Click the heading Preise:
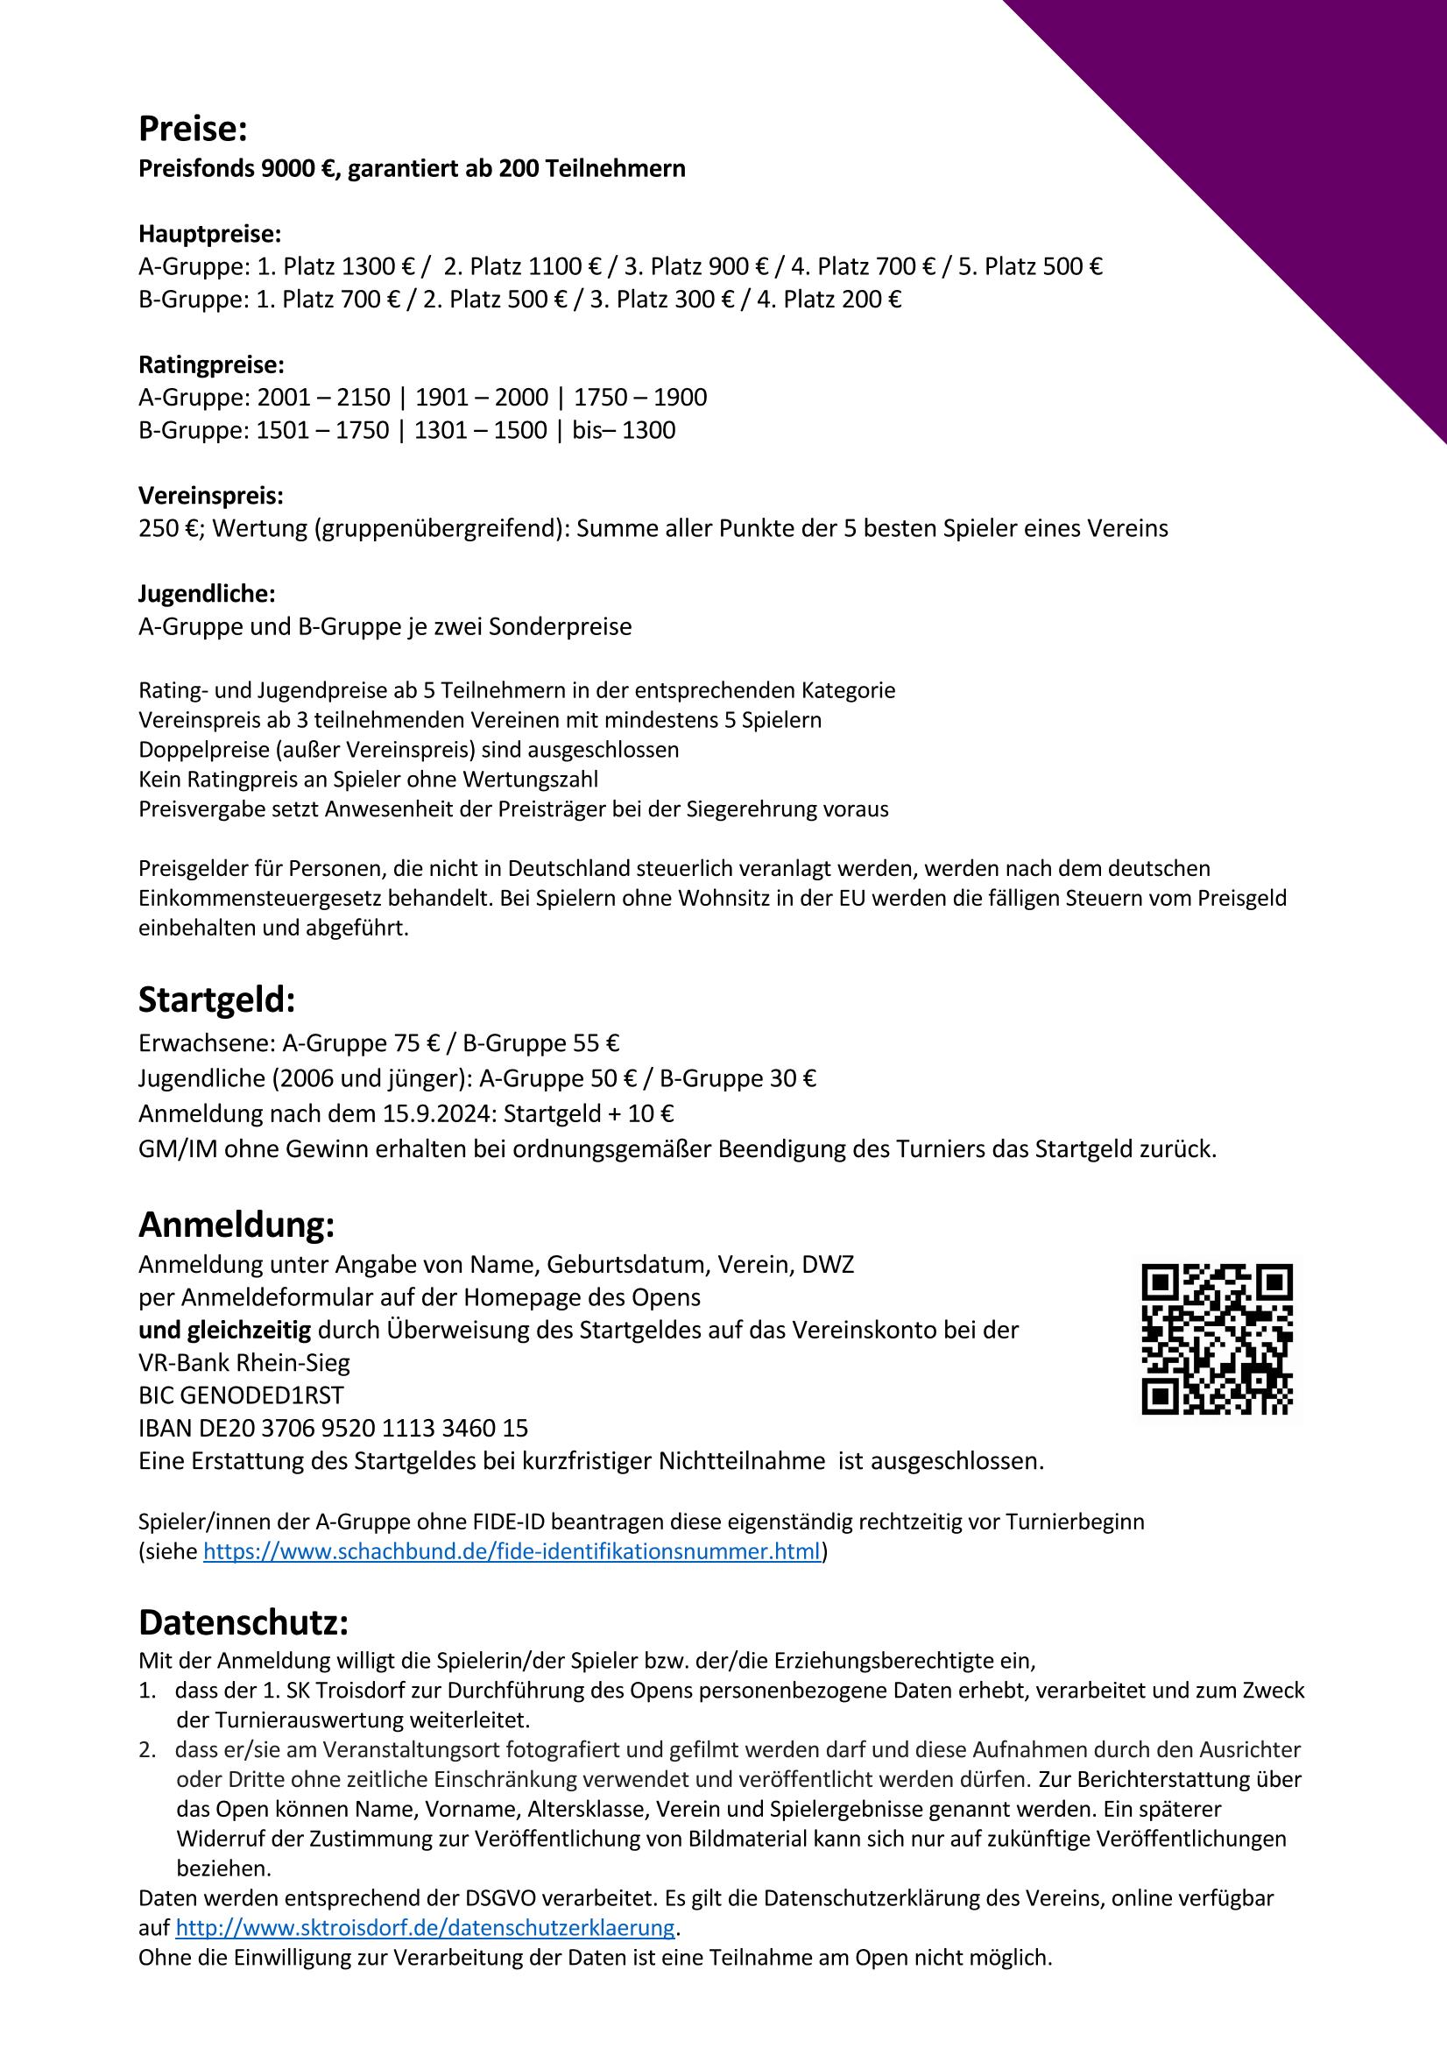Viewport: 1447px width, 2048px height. (x=192, y=131)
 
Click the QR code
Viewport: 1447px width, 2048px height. (x=1217, y=1338)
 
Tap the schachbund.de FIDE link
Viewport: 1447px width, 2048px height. (x=512, y=1551)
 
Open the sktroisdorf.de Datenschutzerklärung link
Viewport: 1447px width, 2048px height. (x=425, y=1928)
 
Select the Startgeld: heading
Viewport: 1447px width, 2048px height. (x=215, y=1001)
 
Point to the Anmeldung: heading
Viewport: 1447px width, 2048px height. (x=236, y=1225)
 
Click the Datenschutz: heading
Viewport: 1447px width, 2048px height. (x=243, y=1622)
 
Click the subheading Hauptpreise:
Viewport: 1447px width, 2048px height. (x=209, y=235)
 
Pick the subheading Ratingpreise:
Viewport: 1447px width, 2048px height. (x=211, y=364)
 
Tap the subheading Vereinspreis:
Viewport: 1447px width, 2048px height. (x=210, y=496)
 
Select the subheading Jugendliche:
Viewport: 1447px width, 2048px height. (x=207, y=593)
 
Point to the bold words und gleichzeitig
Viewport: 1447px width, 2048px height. (x=225, y=1331)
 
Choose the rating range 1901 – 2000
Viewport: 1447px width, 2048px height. (x=482, y=398)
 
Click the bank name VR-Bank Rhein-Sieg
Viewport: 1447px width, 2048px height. (x=244, y=1363)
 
